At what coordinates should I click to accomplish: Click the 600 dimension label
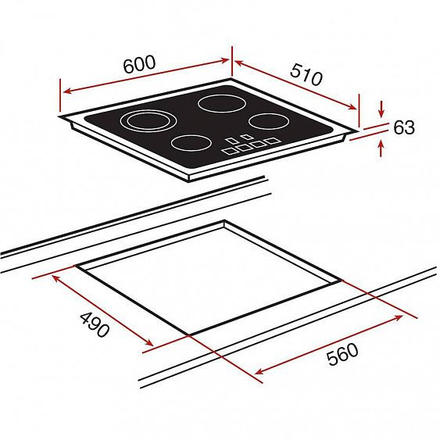[139, 64]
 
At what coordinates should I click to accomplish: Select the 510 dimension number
[306, 75]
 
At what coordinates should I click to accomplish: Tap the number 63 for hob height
[404, 127]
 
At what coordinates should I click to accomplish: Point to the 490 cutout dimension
[95, 324]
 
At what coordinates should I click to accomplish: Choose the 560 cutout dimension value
[342, 354]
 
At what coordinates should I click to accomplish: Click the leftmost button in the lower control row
[230, 151]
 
